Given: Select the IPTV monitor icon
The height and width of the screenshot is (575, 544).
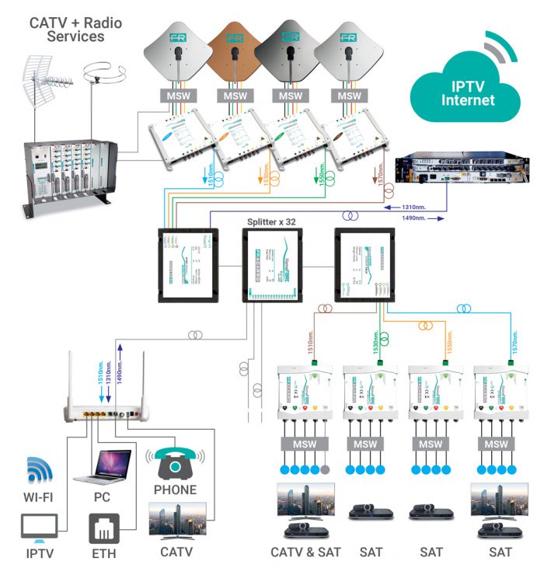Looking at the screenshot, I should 39,529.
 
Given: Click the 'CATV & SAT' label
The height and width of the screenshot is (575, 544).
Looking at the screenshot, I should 305,552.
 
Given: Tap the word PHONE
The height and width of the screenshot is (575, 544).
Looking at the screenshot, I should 174,490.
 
